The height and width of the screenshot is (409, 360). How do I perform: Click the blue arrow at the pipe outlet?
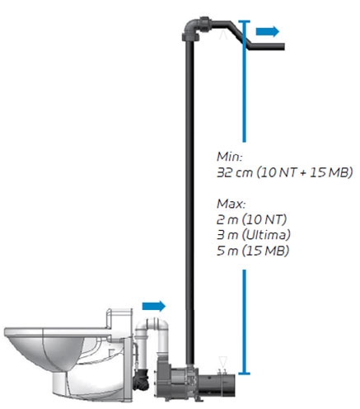[268, 31]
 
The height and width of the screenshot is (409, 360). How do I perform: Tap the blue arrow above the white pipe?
[154, 306]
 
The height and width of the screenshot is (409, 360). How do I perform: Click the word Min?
[230, 157]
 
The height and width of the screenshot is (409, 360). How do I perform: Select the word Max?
[231, 204]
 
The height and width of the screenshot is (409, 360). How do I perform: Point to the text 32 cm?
[235, 172]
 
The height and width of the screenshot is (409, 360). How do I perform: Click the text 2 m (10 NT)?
[251, 219]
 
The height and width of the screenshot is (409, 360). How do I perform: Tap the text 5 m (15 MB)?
[253, 251]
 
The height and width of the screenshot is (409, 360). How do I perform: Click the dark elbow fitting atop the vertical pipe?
[195, 28]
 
